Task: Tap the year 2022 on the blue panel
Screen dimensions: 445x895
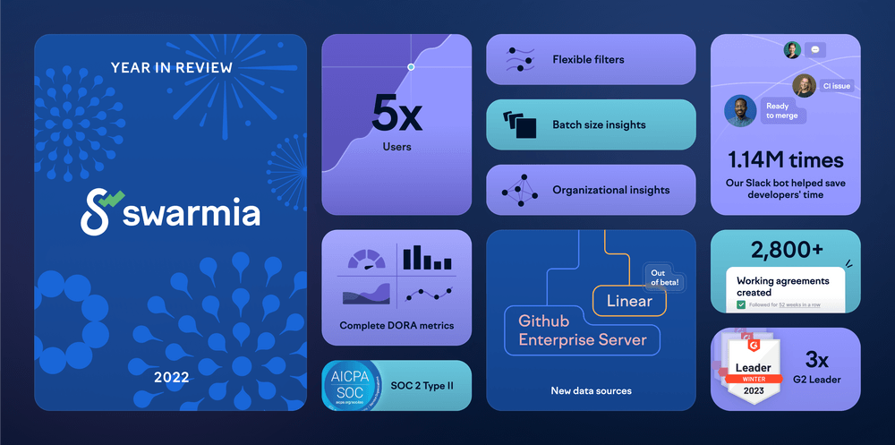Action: [171, 377]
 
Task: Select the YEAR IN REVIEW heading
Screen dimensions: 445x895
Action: [171, 67]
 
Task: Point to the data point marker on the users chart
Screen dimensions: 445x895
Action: [411, 67]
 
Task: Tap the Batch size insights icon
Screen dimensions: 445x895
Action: [519, 124]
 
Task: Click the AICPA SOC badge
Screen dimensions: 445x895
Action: [351, 386]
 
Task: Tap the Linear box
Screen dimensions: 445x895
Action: [629, 301]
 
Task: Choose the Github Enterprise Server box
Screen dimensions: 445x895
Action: [583, 330]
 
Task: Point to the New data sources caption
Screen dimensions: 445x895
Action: [591, 390]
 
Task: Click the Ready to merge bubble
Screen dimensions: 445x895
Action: [783, 111]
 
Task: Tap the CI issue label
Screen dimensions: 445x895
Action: [837, 86]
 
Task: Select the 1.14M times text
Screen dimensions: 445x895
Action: [785, 160]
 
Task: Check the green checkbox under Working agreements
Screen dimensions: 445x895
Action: [741, 304]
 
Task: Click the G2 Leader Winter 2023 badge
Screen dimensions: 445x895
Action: [752, 368]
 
